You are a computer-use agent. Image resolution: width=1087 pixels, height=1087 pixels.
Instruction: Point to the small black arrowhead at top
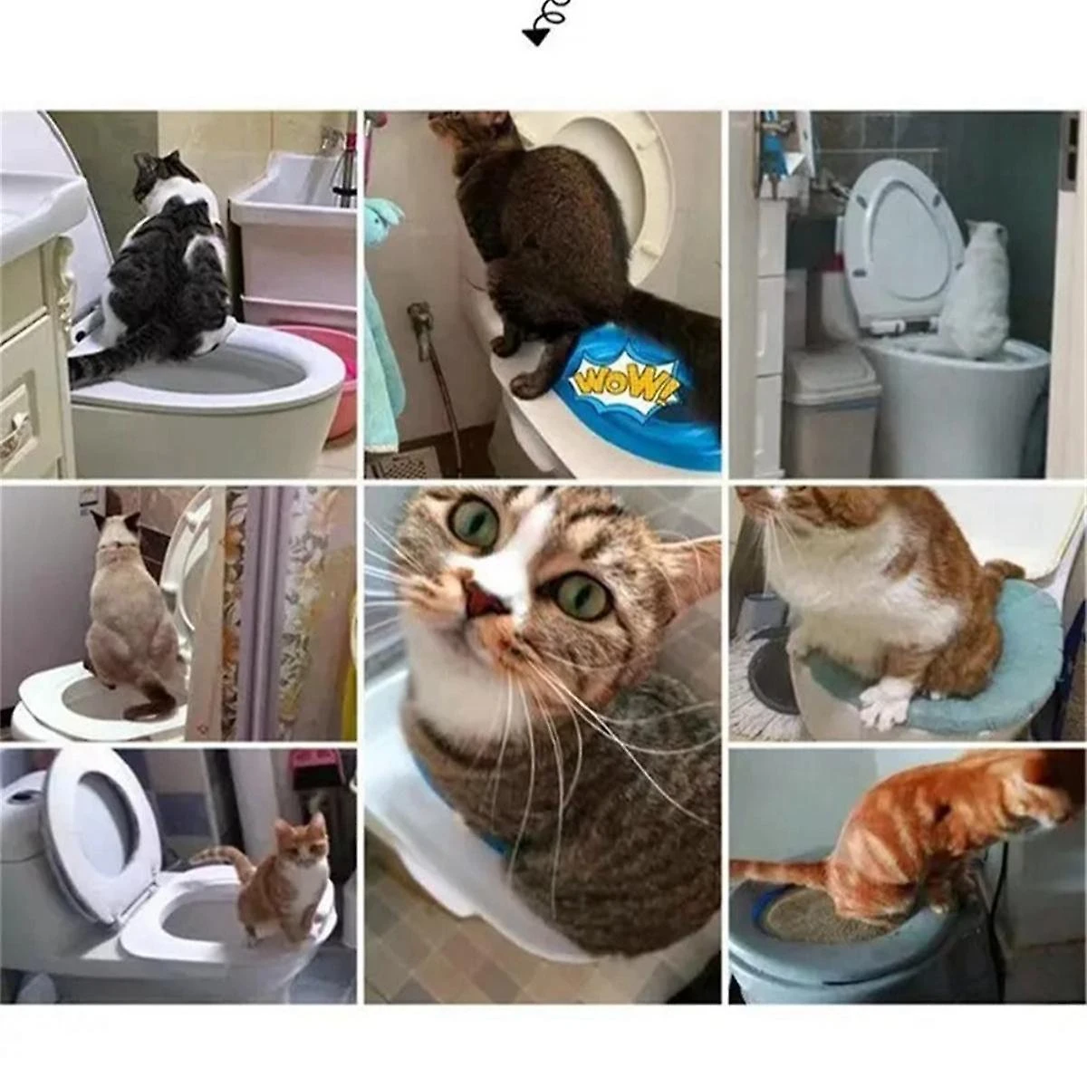click(534, 35)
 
